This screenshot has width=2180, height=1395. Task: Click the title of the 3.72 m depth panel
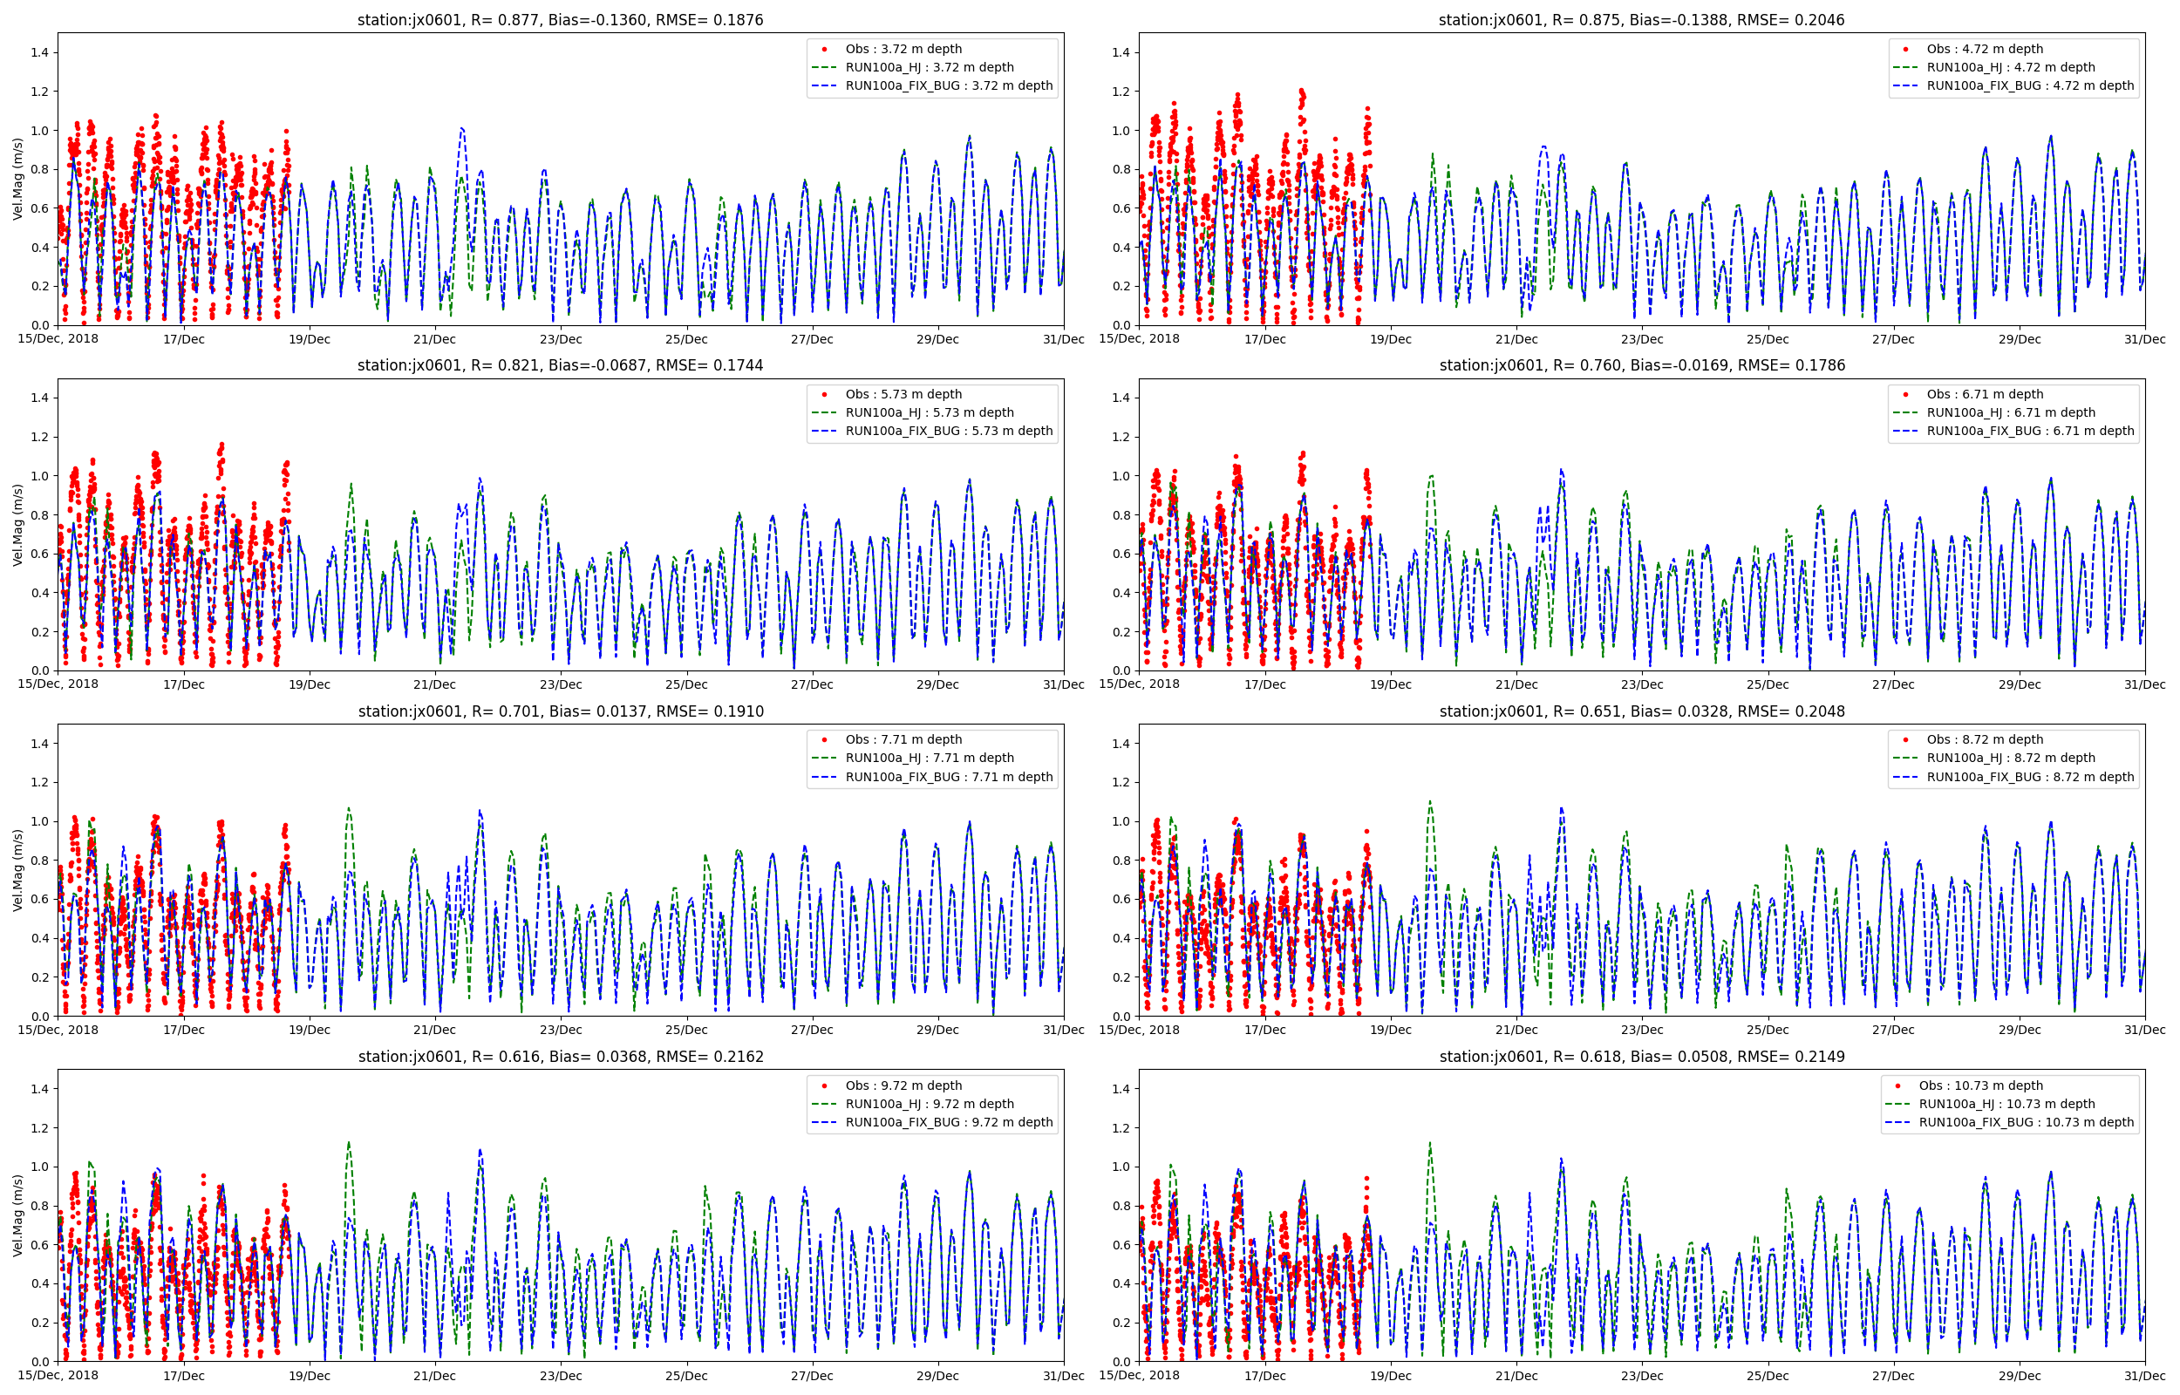click(x=560, y=20)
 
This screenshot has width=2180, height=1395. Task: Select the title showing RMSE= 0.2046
click(x=1641, y=20)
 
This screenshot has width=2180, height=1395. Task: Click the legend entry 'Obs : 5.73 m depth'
click(x=903, y=394)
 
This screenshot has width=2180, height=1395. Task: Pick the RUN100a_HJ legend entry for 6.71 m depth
click(x=2011, y=413)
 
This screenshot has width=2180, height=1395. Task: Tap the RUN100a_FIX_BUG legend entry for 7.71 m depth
click(x=948, y=777)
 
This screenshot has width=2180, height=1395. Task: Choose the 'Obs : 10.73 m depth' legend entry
click(x=1979, y=1085)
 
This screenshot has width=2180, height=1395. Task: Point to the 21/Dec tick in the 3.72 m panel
click(x=435, y=340)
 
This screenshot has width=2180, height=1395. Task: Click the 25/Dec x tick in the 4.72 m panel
click(x=1767, y=340)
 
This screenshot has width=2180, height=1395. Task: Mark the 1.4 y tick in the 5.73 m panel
click(x=40, y=398)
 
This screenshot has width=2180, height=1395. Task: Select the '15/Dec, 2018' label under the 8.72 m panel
click(x=1140, y=1030)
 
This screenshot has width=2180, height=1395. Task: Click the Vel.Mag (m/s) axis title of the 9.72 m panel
click(x=18, y=1215)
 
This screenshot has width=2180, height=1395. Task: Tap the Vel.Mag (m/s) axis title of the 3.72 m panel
click(x=18, y=180)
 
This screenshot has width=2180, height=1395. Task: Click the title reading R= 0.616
click(x=560, y=1057)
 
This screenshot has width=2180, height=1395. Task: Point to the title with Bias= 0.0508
click(x=1641, y=1057)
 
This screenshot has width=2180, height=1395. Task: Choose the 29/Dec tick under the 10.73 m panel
click(x=2019, y=1376)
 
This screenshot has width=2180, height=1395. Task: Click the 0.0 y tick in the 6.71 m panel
click(x=1121, y=671)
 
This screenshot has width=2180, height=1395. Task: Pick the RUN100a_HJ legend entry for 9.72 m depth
click(x=930, y=1104)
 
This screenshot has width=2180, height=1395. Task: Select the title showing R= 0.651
click(x=1641, y=712)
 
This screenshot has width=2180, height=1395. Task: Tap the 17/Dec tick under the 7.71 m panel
click(x=184, y=1030)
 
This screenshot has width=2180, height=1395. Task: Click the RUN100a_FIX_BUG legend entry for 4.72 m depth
click(x=2030, y=86)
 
